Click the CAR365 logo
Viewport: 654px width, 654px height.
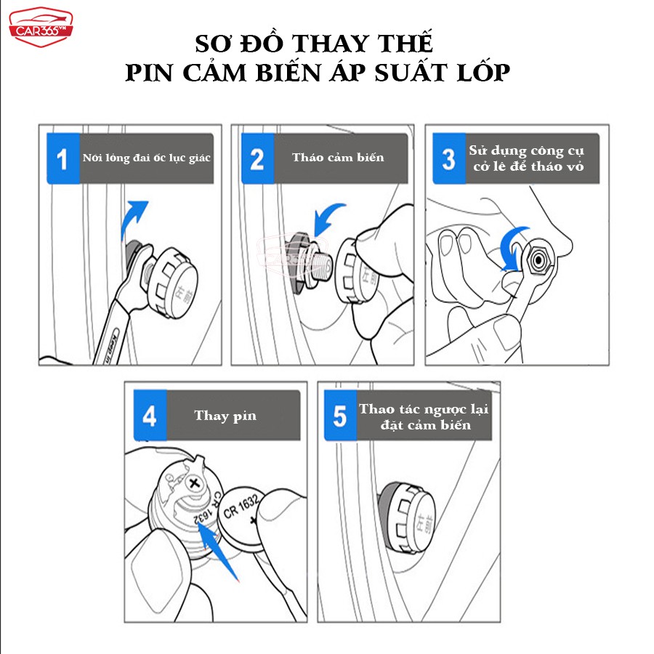pos(41,27)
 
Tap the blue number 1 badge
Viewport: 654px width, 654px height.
pos(63,158)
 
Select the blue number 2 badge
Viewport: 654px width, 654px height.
pos(258,158)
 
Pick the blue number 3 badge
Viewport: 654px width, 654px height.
pos(449,158)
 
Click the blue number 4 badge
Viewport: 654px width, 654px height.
pos(150,416)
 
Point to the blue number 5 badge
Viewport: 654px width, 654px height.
pos(340,416)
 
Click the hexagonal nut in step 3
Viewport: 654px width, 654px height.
pos(538,260)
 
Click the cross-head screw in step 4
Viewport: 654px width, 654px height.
pos(194,484)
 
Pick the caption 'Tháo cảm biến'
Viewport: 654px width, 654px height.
pos(338,158)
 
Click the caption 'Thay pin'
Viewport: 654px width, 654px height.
pos(225,416)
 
